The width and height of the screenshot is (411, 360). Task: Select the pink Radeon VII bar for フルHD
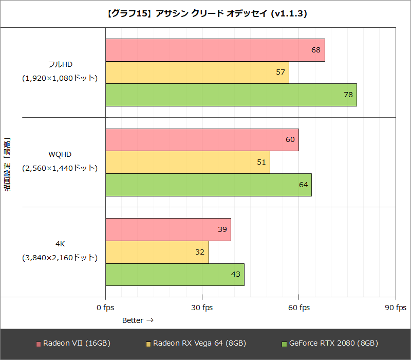(215, 50)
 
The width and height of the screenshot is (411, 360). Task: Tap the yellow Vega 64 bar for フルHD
(197, 72)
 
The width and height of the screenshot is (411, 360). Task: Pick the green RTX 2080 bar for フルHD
(231, 95)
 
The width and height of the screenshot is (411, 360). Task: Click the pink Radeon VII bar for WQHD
(202, 140)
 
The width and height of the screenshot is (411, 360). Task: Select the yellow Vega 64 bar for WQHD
(188, 162)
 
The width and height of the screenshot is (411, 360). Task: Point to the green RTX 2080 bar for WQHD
(208, 185)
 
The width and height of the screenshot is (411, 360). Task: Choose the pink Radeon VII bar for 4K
(168, 229)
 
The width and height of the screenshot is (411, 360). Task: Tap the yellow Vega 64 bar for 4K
(157, 252)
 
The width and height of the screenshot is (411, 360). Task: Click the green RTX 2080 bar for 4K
(175, 274)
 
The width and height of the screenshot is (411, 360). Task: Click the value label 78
(348, 95)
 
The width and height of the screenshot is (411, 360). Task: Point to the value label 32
(200, 252)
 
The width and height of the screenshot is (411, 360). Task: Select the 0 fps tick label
(105, 308)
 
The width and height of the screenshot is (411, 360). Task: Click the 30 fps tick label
(202, 308)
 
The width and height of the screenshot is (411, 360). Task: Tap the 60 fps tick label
(298, 308)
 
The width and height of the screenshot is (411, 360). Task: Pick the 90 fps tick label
(395, 308)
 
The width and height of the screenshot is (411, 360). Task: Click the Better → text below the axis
(138, 320)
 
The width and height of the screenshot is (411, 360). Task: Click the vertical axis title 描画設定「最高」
(8, 165)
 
